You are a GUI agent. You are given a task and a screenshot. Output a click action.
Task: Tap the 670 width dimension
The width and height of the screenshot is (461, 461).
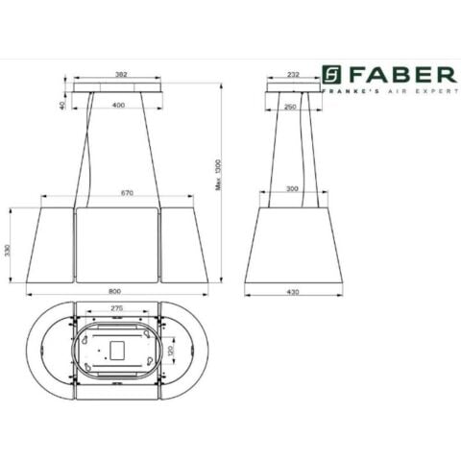119,192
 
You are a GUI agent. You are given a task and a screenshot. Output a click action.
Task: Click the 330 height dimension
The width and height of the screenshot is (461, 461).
9,250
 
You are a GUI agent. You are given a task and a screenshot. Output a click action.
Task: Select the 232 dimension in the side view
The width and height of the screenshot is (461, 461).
292,73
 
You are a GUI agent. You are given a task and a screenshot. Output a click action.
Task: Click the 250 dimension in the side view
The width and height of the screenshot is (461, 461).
292,106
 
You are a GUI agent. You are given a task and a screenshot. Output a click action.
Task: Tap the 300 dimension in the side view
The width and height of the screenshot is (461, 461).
292,190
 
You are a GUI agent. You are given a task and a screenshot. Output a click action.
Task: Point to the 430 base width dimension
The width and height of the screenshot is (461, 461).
292,291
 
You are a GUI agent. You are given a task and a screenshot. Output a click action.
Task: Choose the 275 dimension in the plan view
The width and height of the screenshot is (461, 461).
116,307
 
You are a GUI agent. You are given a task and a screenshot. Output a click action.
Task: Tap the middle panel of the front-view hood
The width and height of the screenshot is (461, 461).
116,245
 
